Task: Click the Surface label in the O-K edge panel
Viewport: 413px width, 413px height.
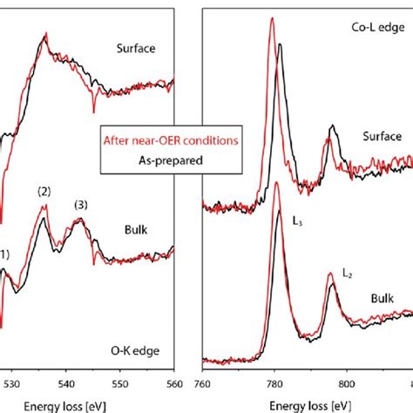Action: point(135,49)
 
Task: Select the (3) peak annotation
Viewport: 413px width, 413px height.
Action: point(81,205)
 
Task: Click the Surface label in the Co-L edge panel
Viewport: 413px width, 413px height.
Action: point(383,137)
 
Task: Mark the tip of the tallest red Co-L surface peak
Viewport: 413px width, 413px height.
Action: point(273,19)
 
